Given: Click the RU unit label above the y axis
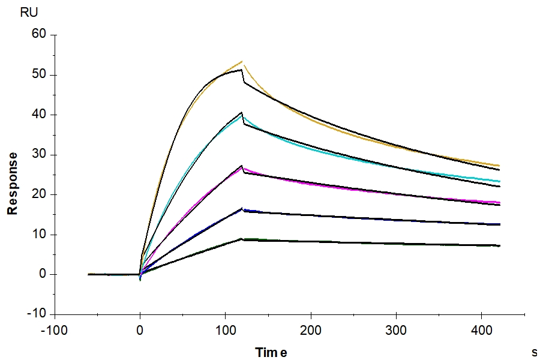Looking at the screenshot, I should (x=29, y=12).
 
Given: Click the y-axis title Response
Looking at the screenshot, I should (x=11, y=183).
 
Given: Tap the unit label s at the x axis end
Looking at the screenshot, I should (x=534, y=352).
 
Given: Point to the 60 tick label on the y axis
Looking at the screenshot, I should (x=39, y=35).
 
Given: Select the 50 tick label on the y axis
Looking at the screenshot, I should (x=39, y=75).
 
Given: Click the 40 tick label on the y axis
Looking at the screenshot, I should (x=39, y=115).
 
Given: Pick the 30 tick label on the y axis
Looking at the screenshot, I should (x=39, y=155).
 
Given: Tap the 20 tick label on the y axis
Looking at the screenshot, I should (x=39, y=194).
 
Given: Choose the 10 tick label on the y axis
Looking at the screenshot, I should (x=39, y=235).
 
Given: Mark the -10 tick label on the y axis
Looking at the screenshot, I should (x=37, y=314).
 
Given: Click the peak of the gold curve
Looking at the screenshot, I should (x=242, y=61).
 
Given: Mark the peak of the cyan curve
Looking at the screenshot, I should (x=243, y=117).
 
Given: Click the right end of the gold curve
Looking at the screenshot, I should (x=499, y=166).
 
